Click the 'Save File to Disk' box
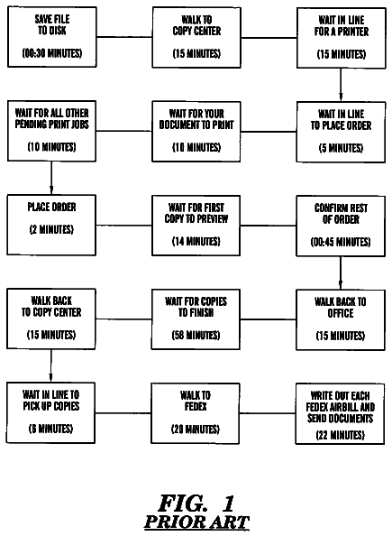click(52, 37)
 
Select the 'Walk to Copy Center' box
click(196, 37)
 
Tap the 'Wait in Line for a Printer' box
click(342, 38)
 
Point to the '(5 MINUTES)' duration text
click(342, 148)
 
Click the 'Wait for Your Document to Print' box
click(196, 131)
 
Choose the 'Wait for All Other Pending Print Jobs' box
click(51, 131)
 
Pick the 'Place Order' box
click(51, 225)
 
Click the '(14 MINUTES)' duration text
click(196, 241)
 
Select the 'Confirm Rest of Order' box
click(341, 226)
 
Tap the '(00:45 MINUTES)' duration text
click(341, 242)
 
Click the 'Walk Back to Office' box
click(341, 319)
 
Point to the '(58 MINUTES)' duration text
click(196, 335)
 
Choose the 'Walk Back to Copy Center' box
click(51, 319)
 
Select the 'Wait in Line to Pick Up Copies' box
click(50, 413)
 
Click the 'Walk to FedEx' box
click(196, 413)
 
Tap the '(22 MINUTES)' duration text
click(340, 435)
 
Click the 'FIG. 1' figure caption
click(196, 504)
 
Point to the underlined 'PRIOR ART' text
click(196, 522)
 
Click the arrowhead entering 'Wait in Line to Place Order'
click(341, 97)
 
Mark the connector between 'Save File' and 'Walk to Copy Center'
click(124, 37)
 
